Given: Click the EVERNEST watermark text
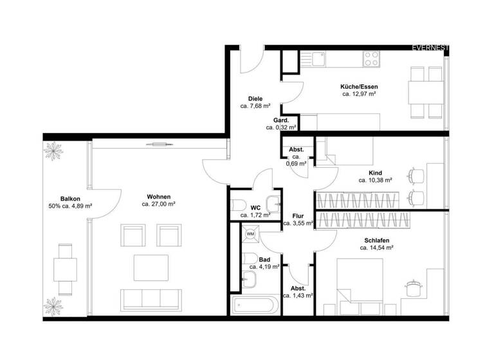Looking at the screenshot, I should tap(431, 48).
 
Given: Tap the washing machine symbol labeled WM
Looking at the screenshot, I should tap(250, 234).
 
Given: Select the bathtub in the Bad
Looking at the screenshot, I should tap(255, 305).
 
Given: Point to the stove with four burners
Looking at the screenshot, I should tap(371, 59).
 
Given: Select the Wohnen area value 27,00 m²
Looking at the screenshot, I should tap(159, 204).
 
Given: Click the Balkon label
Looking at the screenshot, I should tap(70, 199).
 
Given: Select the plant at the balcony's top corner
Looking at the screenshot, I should tap(51, 151).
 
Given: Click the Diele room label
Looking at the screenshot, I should tap(255, 98).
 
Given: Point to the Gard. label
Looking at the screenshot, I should tap(280, 120).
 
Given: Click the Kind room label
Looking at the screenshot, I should tap(375, 173).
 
